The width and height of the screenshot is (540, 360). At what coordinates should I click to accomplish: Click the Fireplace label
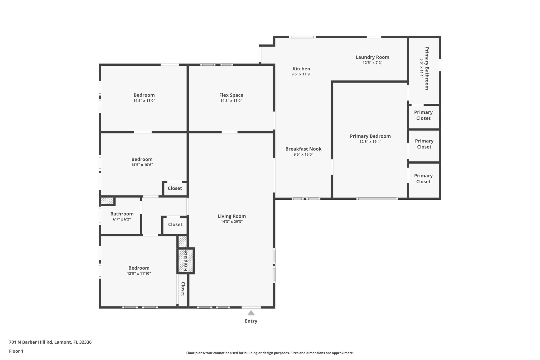point(185,261)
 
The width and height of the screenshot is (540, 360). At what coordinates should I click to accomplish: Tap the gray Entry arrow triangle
point(251,313)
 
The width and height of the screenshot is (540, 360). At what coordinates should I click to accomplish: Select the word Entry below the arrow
point(251,321)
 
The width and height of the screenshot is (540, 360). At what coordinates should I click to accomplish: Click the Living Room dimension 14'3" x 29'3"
point(232,222)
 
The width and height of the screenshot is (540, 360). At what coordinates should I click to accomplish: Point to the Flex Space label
point(231,95)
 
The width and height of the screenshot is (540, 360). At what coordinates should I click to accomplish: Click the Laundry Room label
point(372,57)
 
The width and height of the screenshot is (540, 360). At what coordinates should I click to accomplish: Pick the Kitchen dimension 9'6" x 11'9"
point(301,74)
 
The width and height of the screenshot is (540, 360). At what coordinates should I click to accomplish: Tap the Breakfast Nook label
point(303,149)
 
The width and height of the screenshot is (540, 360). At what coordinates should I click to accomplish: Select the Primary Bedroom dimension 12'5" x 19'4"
point(370,142)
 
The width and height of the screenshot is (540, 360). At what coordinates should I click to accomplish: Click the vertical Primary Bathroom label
point(427,68)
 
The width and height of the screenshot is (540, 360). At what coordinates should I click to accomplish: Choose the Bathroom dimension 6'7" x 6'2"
point(122,219)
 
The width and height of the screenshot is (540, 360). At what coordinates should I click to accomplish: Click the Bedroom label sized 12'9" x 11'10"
point(139,268)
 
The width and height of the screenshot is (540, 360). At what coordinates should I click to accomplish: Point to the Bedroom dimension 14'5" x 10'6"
point(142,165)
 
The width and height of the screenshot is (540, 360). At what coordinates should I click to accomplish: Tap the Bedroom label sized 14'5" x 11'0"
point(144,95)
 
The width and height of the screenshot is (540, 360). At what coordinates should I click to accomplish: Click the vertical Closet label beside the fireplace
point(183,289)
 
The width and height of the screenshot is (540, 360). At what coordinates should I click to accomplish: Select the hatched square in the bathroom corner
point(107,201)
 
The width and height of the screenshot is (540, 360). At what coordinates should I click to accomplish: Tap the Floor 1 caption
point(16,351)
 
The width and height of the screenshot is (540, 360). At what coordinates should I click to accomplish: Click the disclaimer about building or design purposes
point(270,353)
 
